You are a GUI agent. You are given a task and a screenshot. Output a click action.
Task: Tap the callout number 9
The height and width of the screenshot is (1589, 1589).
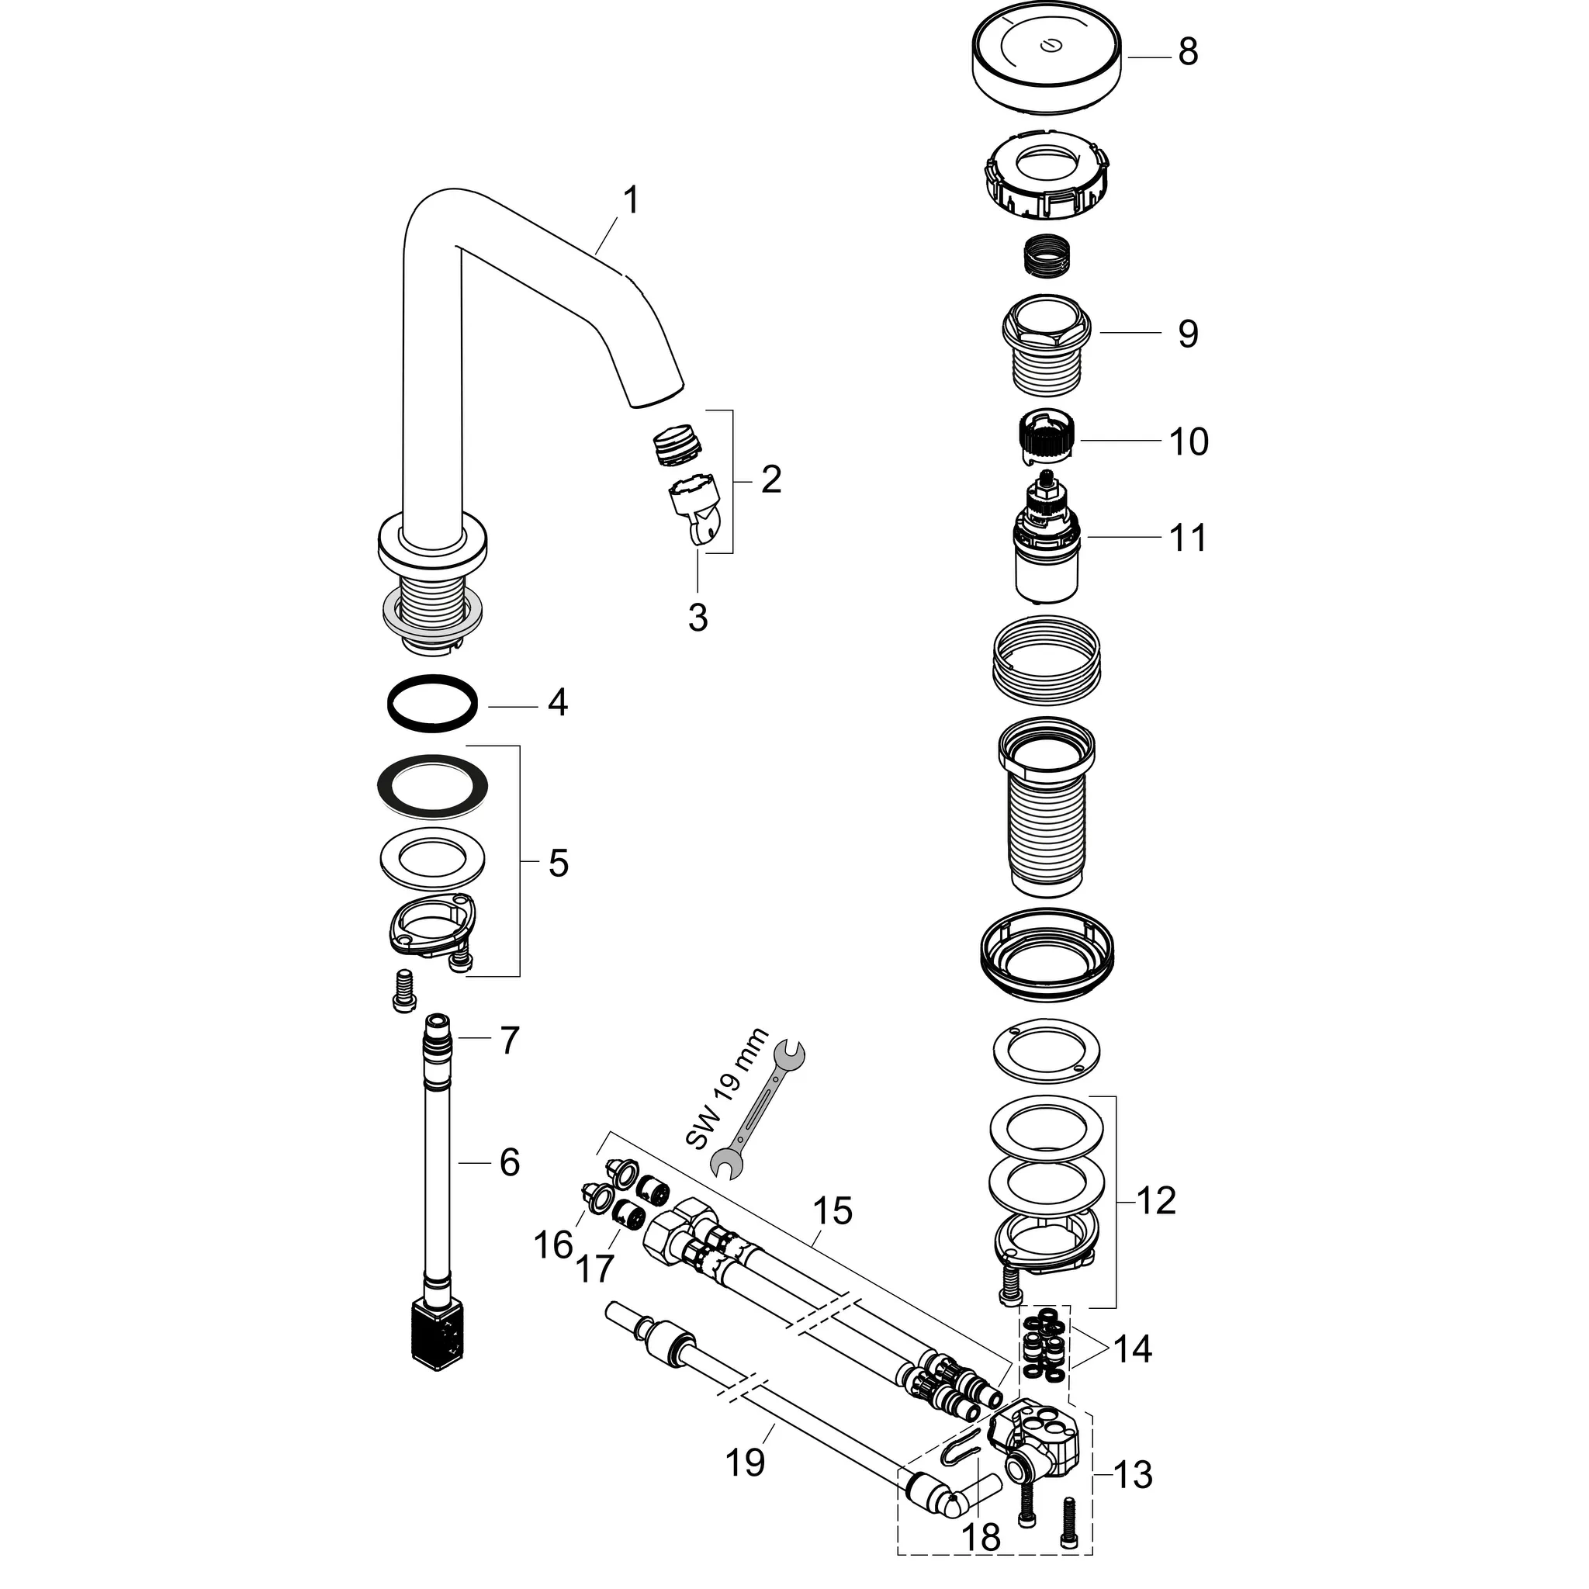pos(1187,334)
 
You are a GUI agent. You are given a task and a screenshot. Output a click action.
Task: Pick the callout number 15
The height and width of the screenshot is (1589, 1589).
pos(833,1211)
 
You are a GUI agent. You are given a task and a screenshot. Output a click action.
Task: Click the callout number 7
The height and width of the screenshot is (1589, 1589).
pos(509,1040)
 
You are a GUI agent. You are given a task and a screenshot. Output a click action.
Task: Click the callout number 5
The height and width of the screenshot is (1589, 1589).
pos(558,864)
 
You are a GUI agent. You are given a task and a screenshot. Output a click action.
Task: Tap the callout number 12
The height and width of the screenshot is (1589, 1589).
pos(1155,1201)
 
